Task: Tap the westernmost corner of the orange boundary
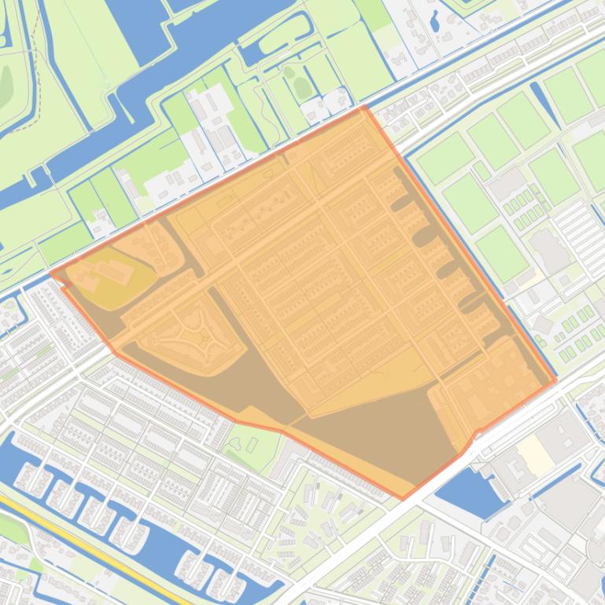52,273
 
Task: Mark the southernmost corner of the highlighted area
403,499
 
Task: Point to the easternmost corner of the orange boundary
556,381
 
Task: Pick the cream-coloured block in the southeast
537,453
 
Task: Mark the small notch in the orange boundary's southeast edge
475,434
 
